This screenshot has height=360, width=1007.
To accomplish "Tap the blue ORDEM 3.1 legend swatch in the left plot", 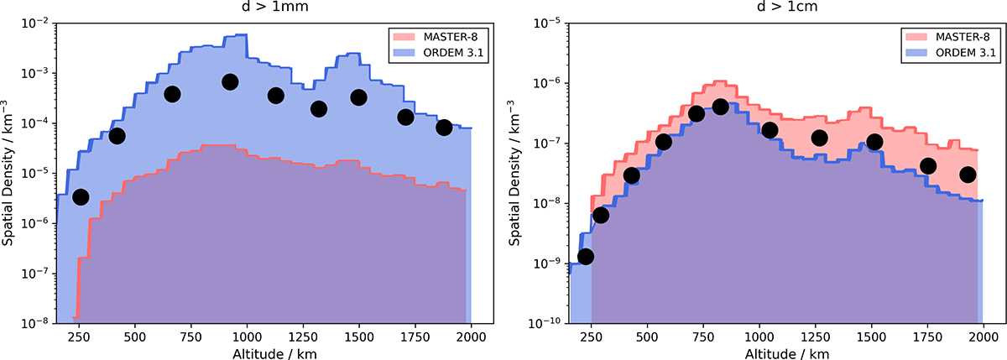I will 404,52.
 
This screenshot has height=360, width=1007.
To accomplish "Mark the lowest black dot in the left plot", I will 81,197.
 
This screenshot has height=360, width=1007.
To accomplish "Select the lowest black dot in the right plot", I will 586,256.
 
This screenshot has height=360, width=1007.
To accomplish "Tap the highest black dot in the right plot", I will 720,107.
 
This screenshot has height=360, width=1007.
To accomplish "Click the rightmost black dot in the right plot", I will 968,175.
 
